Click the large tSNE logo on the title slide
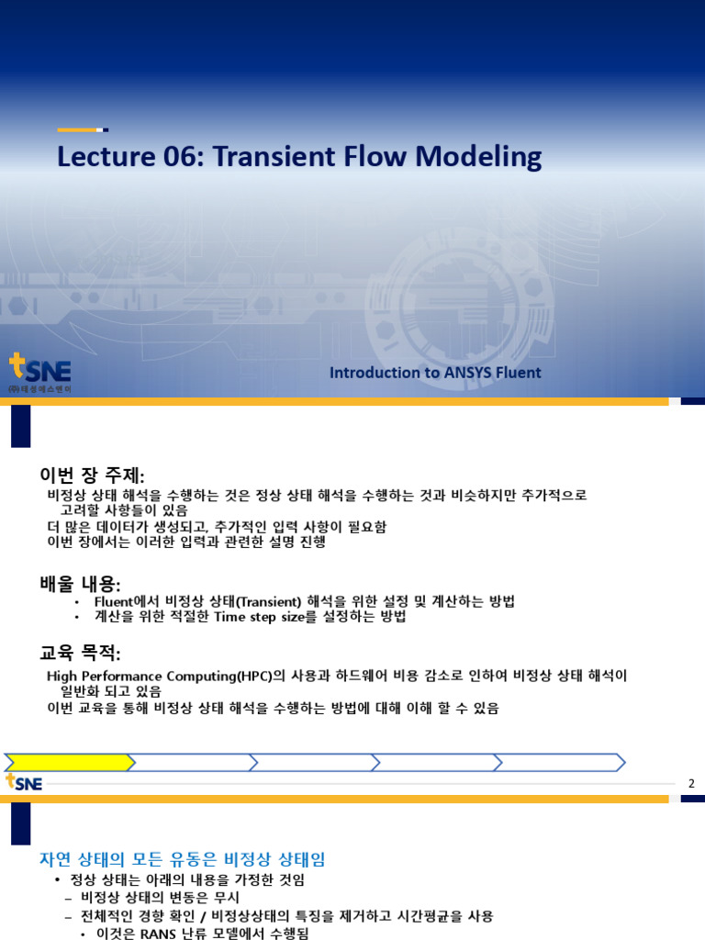(39, 373)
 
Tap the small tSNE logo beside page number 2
(24, 782)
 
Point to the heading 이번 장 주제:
(92, 476)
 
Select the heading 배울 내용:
(80, 585)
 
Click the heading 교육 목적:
(80, 653)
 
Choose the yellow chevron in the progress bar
(69, 762)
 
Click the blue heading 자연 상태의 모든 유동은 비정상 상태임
(182, 859)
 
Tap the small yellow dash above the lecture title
(81, 129)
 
